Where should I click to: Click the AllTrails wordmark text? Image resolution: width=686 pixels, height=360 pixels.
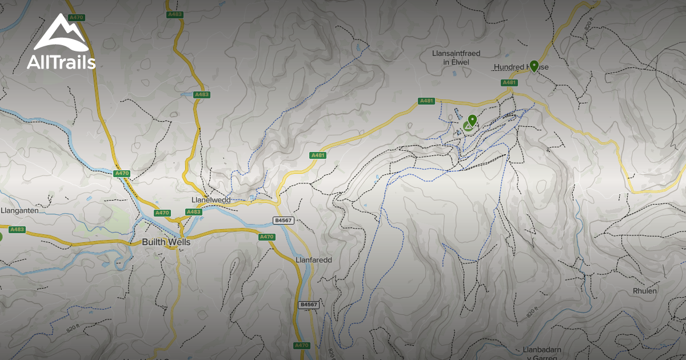point(61,62)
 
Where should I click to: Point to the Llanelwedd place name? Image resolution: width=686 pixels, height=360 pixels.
point(210,201)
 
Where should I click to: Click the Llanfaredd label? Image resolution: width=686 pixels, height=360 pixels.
point(314,259)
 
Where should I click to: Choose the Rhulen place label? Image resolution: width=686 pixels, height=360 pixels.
point(645,291)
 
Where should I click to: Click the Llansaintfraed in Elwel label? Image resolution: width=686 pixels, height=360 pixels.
point(454,57)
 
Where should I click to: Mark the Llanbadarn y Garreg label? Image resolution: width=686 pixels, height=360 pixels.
point(542,353)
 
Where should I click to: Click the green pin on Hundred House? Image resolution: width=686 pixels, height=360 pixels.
point(533,65)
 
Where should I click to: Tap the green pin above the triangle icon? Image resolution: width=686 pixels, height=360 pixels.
point(472,119)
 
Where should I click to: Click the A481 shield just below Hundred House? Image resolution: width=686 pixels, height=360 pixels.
point(509,83)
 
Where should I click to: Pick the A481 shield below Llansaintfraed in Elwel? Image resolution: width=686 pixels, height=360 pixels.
point(426,101)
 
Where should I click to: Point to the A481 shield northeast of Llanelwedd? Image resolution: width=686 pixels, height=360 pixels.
point(318,155)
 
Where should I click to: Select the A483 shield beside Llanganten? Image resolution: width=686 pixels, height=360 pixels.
point(18,230)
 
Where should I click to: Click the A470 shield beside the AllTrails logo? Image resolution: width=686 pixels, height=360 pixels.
point(76,18)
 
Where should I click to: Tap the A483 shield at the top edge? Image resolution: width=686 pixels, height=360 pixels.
point(174,14)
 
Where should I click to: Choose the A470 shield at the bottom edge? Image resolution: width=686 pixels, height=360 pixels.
point(301,346)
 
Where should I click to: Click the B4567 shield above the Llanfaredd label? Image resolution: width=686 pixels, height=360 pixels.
point(283,220)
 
